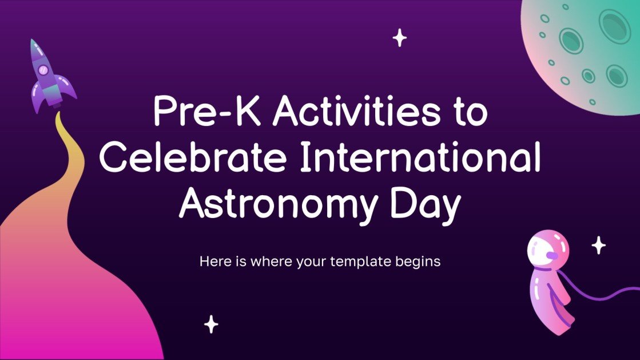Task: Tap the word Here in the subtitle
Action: pos(213,262)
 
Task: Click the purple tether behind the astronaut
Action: pos(606,294)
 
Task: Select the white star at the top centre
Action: pos(399,38)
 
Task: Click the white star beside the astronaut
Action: pos(599,245)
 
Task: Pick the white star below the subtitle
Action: pos(212,324)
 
